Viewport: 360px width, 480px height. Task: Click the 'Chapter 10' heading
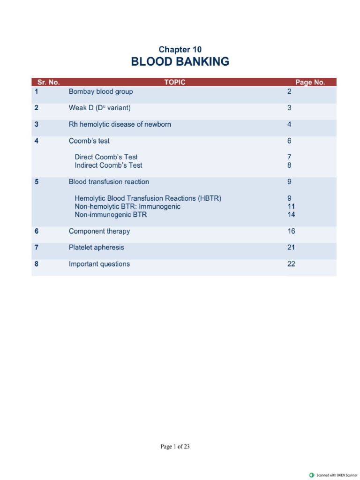tap(180, 50)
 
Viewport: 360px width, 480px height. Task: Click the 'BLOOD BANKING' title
tap(180, 62)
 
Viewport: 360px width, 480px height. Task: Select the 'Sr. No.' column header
tap(49, 82)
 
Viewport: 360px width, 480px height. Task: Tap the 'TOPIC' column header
tap(175, 82)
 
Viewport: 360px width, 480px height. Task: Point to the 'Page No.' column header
tap(310, 82)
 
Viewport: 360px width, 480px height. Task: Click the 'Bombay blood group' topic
tap(101, 92)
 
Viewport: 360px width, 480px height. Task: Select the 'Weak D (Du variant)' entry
tap(100, 108)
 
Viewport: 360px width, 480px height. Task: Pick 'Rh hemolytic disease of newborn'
tap(120, 125)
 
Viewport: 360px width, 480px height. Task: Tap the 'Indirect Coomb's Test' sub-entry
tap(108, 165)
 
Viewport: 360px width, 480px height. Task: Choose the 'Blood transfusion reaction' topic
tap(109, 182)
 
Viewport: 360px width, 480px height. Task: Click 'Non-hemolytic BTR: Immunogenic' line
tap(127, 207)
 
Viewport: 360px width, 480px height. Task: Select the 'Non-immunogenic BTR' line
tap(111, 215)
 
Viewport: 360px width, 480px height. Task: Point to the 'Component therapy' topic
tap(99, 232)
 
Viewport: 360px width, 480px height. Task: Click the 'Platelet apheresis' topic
tap(97, 247)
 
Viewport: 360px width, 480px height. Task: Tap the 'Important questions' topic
tap(99, 264)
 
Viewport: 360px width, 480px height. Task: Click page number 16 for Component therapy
tap(291, 232)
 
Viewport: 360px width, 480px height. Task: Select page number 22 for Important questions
tap(291, 264)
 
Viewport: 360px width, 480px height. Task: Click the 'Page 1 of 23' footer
tap(175, 447)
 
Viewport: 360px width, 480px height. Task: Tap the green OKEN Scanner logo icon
tap(312, 475)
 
